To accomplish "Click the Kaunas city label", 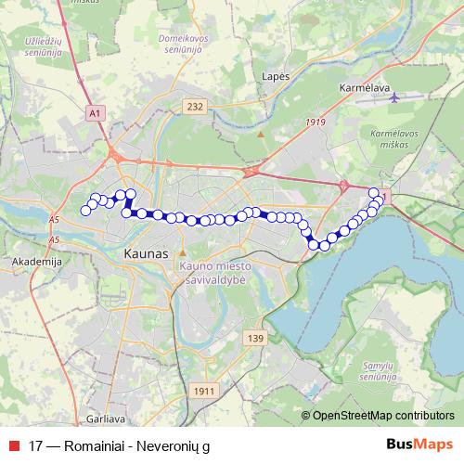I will [x=146, y=253].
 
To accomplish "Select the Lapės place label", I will [x=277, y=76].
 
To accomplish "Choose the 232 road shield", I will [x=194, y=108].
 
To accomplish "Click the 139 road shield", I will [x=256, y=338].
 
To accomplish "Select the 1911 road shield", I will [x=205, y=392].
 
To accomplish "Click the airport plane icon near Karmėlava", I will [x=397, y=97].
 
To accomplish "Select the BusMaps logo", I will [x=420, y=444].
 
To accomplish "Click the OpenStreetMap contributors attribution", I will [x=382, y=415].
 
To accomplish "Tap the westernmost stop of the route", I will [x=86, y=211].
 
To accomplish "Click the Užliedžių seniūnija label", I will [x=37, y=46].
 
